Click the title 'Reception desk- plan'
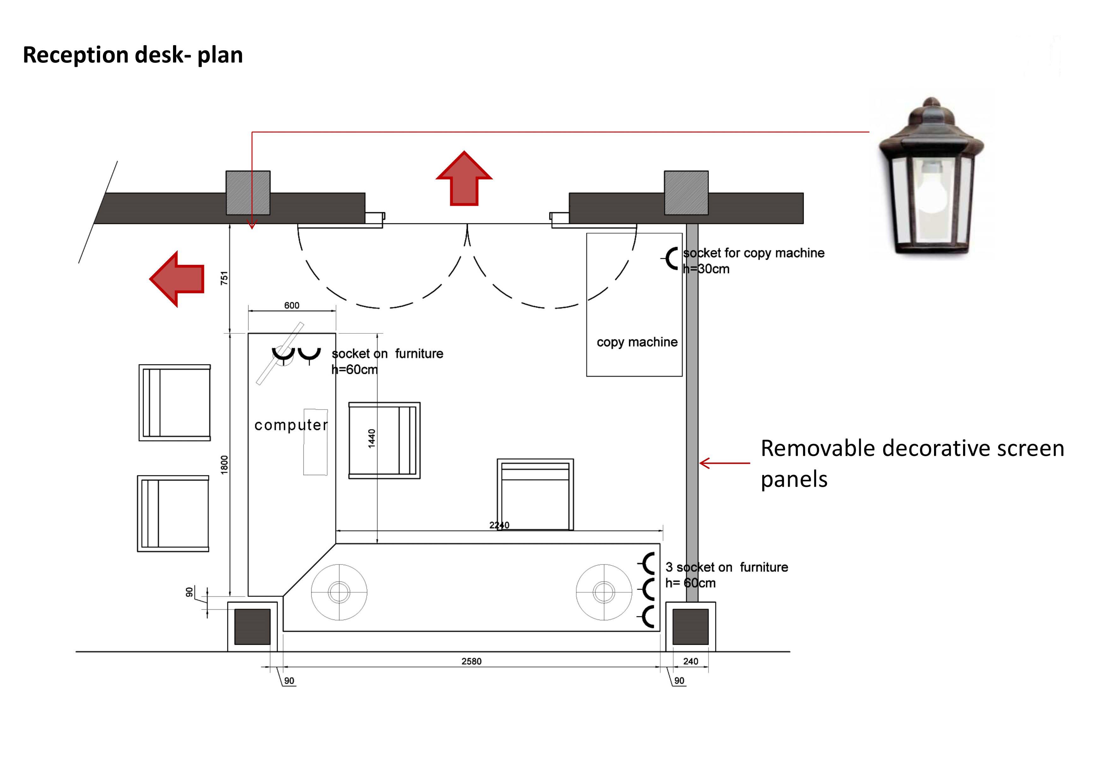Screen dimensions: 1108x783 tap(133, 55)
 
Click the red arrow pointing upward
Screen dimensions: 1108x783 tap(464, 178)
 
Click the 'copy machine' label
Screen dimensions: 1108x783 tap(637, 342)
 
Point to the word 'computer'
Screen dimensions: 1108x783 tap(291, 425)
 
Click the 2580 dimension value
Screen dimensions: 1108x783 tap(471, 661)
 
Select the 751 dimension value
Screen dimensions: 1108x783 tap(224, 278)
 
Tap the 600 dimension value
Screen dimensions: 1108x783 tap(291, 305)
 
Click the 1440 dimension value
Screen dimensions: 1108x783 tap(372, 439)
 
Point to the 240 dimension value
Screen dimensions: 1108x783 tap(691, 661)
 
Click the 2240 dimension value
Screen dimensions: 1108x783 tap(500, 525)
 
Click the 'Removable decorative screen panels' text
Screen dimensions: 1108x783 tap(913, 463)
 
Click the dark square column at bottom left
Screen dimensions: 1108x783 tap(252, 627)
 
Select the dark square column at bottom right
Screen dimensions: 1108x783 tap(691, 627)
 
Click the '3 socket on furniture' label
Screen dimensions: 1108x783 tap(727, 567)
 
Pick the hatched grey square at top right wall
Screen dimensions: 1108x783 tap(686, 193)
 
